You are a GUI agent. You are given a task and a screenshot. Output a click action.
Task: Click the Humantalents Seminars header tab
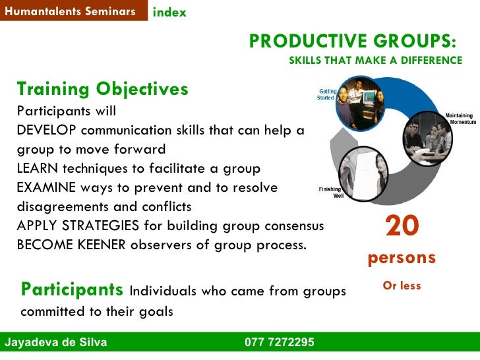[70, 11]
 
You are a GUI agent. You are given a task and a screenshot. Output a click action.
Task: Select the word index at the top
[169, 13]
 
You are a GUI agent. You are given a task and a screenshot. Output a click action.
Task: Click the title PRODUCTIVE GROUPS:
[352, 41]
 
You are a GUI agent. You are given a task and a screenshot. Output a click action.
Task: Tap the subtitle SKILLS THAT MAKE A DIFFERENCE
[376, 61]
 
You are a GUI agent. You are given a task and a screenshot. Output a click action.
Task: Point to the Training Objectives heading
[102, 89]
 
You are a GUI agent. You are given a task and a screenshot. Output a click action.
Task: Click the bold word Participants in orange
[72, 289]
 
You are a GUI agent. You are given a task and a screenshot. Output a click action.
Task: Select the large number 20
[402, 227]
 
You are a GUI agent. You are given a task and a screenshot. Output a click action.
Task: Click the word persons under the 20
[402, 258]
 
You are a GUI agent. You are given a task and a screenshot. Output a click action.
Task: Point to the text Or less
[402, 286]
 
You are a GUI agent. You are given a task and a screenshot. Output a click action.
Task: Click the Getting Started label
[326, 94]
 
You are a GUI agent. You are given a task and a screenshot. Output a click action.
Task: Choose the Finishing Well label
[332, 193]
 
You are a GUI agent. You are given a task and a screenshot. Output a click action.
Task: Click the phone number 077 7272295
[279, 343]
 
